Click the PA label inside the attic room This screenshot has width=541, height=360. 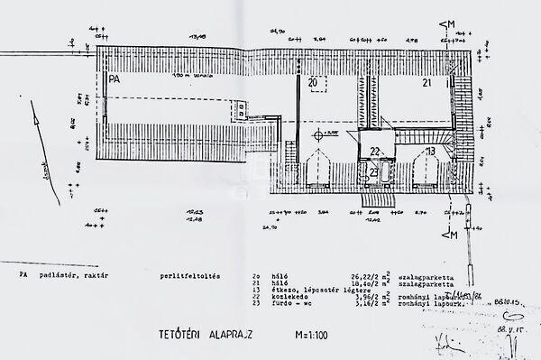[x=114, y=80]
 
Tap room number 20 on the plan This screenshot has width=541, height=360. [x=313, y=83]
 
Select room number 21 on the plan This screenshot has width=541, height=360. [x=427, y=83]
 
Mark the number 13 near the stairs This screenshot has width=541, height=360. [x=432, y=152]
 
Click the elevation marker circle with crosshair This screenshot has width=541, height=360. [x=318, y=134]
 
